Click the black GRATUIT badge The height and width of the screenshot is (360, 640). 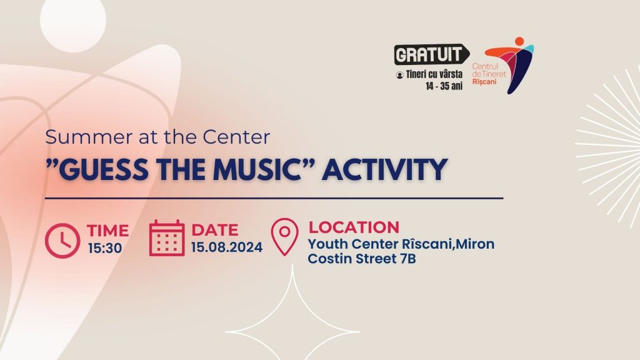point(431,54)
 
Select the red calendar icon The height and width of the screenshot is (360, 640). point(166,238)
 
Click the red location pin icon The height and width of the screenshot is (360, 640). point(284,237)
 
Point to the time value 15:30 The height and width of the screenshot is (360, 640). point(105,248)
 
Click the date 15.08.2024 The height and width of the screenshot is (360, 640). point(226,247)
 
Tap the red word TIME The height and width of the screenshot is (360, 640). point(107,231)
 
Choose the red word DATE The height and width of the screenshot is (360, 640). point(215,230)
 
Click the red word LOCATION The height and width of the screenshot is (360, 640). point(354,227)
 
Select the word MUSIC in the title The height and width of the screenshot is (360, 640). point(257,169)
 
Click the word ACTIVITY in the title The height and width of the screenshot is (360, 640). point(384,169)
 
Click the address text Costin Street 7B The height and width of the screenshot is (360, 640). point(362,259)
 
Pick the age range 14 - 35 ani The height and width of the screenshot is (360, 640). point(444,86)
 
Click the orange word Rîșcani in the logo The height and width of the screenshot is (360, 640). point(484,82)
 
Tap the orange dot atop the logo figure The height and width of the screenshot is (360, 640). point(519,41)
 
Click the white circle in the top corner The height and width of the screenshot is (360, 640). point(73,21)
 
